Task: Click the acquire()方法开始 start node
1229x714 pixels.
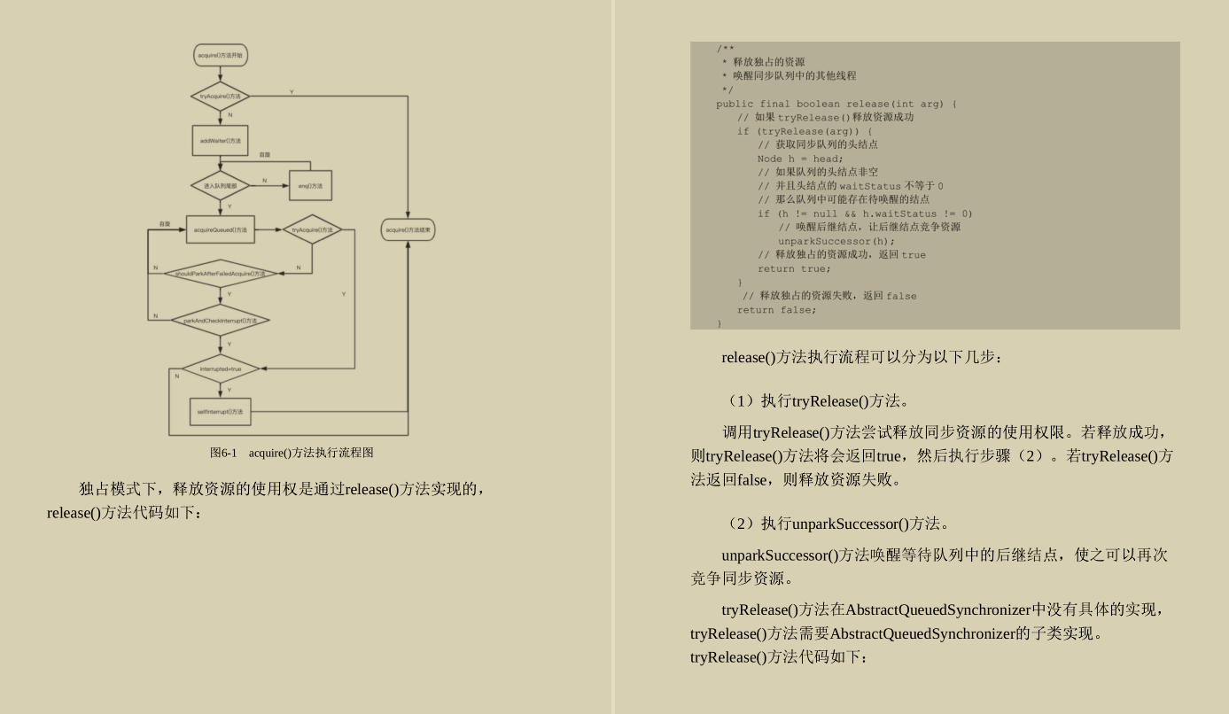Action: coord(221,56)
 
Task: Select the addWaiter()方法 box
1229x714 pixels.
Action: coord(220,140)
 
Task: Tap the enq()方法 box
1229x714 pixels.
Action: coord(310,185)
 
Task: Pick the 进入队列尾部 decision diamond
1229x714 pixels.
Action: coord(220,185)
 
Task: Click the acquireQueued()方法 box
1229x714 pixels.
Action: coord(220,229)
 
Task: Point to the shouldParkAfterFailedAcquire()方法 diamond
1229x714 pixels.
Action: coord(220,274)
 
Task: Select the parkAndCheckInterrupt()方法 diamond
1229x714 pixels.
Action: coord(220,320)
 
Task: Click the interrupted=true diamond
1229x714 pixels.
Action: coord(220,369)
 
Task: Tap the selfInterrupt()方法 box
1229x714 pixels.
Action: coord(220,411)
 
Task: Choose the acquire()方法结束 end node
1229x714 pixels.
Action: coord(408,230)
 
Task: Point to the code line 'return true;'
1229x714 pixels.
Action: coord(794,268)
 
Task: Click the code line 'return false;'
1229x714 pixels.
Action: coord(776,310)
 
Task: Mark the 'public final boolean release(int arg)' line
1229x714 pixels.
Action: coord(836,104)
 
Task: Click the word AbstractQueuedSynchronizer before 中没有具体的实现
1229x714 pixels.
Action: coord(938,609)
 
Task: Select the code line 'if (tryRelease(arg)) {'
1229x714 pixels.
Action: coord(804,131)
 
